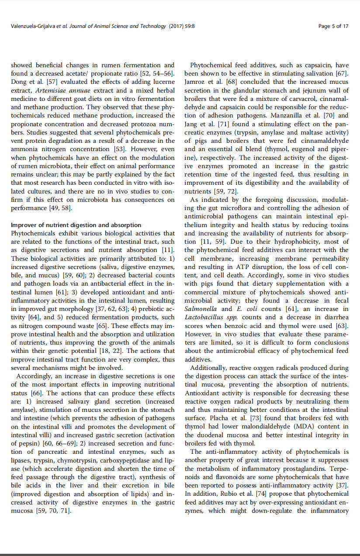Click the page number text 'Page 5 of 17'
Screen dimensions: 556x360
333,26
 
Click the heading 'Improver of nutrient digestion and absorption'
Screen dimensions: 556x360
76,225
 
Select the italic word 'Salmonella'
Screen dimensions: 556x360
199,309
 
